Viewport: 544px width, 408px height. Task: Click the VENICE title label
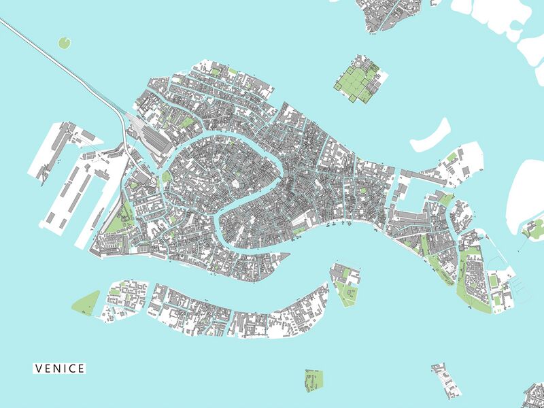click(60, 369)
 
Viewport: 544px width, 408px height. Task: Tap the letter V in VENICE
click(39, 369)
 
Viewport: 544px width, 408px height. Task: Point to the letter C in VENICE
click(73, 369)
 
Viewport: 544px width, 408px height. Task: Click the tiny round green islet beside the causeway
click(65, 43)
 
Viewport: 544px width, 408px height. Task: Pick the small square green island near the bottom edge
click(313, 381)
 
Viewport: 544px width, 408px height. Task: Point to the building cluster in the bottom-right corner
click(534, 395)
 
